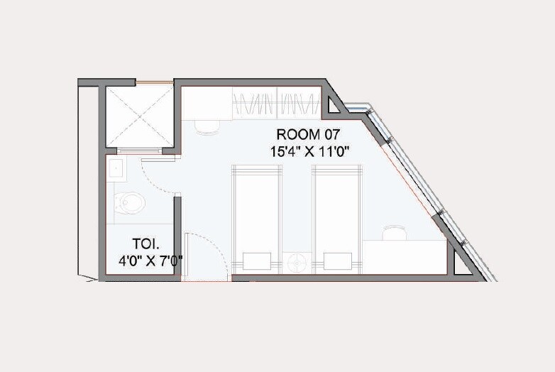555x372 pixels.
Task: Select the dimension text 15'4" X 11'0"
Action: [x=309, y=151]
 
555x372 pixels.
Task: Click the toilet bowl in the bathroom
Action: [x=131, y=203]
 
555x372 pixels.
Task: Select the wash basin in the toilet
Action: [x=115, y=170]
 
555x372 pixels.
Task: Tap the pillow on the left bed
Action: [x=256, y=260]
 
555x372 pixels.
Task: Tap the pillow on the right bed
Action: [x=339, y=260]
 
